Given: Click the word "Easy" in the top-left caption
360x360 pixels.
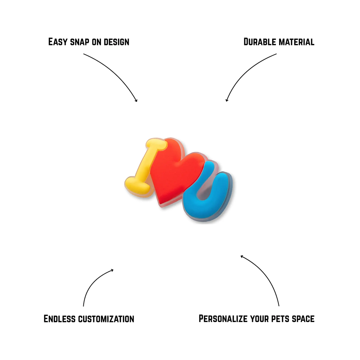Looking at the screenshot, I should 58,42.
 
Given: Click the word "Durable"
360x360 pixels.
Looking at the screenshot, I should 259,42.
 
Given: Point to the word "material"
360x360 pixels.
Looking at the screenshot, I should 296,42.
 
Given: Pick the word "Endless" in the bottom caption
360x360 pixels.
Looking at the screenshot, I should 59,319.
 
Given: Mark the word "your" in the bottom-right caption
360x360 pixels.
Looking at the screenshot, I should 261,319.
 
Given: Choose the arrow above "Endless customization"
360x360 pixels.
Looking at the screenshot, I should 91,283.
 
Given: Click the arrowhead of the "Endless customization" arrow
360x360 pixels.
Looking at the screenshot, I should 112,270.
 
